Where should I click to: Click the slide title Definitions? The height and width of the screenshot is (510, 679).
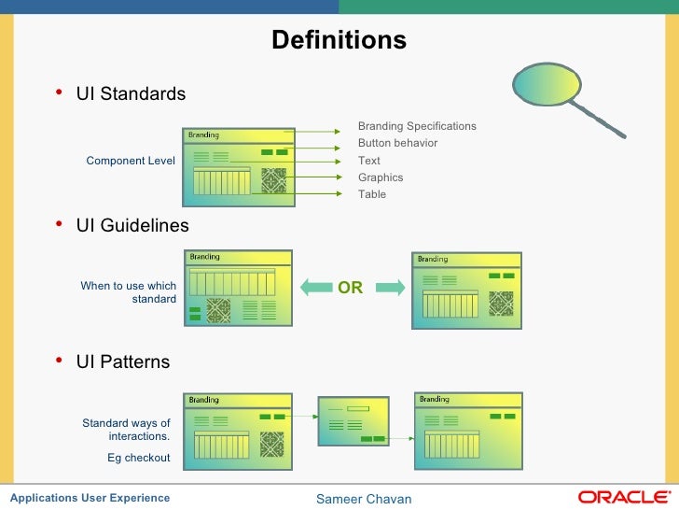pyautogui.click(x=339, y=41)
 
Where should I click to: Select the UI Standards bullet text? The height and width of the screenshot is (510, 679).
pyautogui.click(x=131, y=94)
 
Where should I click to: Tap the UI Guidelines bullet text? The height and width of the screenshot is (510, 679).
pyautogui.click(x=132, y=226)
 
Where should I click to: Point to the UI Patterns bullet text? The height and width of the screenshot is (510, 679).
pyautogui.click(x=123, y=361)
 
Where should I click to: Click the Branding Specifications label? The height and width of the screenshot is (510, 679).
pyautogui.click(x=417, y=126)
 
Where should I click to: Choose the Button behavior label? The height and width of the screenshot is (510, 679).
pyautogui.click(x=397, y=143)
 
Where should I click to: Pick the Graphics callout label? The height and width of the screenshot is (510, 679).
pyautogui.click(x=381, y=177)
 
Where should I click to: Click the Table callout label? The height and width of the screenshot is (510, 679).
pyautogui.click(x=371, y=194)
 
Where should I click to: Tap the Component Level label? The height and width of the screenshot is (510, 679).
pyautogui.click(x=131, y=161)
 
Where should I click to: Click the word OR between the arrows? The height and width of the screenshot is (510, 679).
pyautogui.click(x=350, y=289)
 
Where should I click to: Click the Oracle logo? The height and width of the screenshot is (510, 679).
pyautogui.click(x=623, y=497)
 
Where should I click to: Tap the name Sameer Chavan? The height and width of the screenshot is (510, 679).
pyautogui.click(x=364, y=499)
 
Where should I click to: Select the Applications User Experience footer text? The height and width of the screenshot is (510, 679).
pyautogui.click(x=90, y=498)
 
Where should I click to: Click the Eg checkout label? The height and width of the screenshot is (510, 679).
pyautogui.click(x=139, y=458)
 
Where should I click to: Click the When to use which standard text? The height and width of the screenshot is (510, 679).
pyautogui.click(x=129, y=292)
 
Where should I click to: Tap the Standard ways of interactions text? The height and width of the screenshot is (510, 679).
pyautogui.click(x=127, y=430)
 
